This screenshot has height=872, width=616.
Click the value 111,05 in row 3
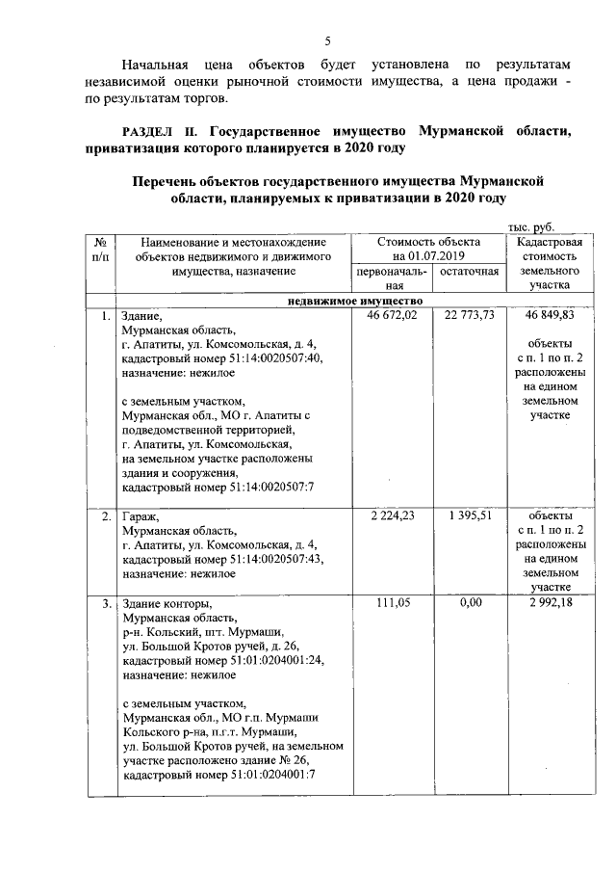(x=393, y=603)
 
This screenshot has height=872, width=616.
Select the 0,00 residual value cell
(x=470, y=603)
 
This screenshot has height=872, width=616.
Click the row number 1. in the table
(x=103, y=315)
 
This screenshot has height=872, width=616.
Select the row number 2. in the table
(x=103, y=516)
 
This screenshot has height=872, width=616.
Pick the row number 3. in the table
(x=103, y=604)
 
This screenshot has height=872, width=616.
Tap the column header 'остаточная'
(x=469, y=273)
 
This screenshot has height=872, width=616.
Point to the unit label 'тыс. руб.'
(x=530, y=225)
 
